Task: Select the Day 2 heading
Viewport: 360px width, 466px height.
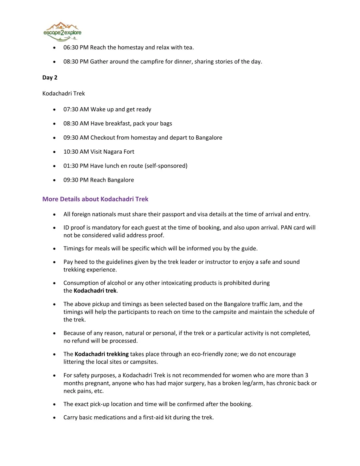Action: coord(50,78)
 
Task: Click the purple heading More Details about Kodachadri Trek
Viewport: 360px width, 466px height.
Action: coord(95,199)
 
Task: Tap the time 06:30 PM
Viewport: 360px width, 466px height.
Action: coord(76,47)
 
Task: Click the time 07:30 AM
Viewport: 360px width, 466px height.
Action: coord(76,109)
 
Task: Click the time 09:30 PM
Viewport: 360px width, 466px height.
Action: coord(76,180)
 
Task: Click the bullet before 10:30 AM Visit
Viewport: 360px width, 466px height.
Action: coord(54,152)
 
